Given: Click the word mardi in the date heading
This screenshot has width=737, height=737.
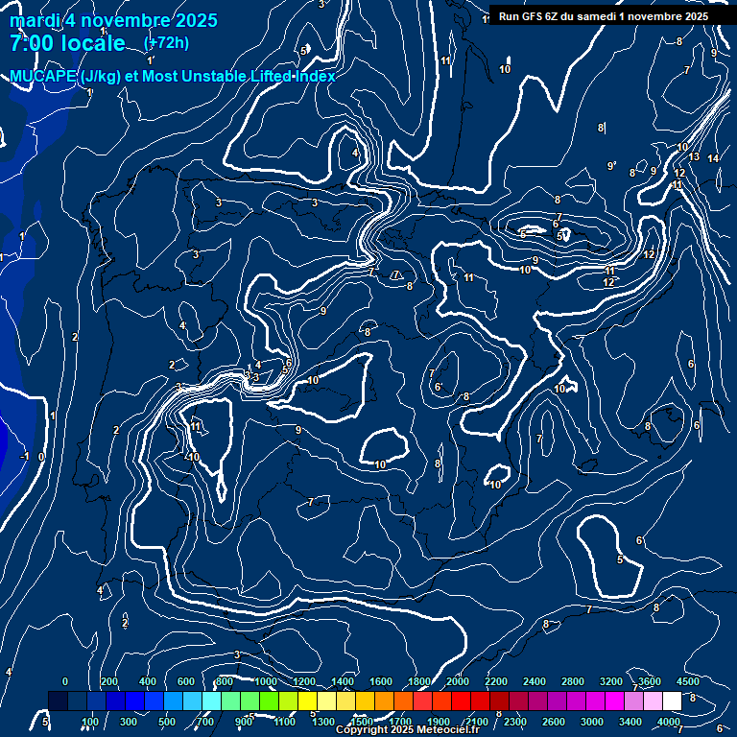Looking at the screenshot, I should tap(34, 21).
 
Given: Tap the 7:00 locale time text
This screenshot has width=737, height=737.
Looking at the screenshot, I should tap(67, 43).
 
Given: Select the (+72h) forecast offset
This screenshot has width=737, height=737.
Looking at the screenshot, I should tap(166, 42).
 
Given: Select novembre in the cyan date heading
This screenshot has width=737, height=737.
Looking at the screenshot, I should tap(125, 21).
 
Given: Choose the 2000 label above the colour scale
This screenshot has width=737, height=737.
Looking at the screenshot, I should tap(458, 681).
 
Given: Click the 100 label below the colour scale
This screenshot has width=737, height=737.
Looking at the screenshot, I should tap(90, 722).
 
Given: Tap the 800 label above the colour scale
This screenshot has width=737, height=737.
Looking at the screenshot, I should tap(225, 681).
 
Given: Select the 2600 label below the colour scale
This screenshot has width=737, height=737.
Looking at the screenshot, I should tap(554, 722).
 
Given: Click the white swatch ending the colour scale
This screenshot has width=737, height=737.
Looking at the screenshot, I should tap(672, 701).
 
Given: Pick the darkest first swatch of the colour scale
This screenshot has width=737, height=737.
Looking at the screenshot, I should tap(58, 701).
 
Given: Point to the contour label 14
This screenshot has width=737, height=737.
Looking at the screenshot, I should tap(713, 158).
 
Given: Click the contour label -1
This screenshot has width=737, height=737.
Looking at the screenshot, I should tap(26, 456).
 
